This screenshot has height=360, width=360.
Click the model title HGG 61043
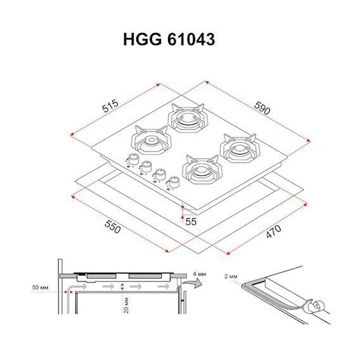coord(169,39)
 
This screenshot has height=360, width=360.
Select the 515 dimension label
coord(110,106)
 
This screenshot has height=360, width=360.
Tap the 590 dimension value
coord(262,108)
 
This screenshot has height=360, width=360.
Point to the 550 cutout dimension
coord(113,226)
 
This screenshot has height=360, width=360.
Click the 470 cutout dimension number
coord(273,231)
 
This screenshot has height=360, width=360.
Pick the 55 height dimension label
coord(191,222)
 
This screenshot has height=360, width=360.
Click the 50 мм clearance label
coord(40,288)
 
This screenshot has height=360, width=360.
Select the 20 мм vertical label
coord(126,305)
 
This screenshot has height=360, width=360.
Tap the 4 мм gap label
coord(199,274)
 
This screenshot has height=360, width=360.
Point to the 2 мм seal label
coord(231,276)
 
